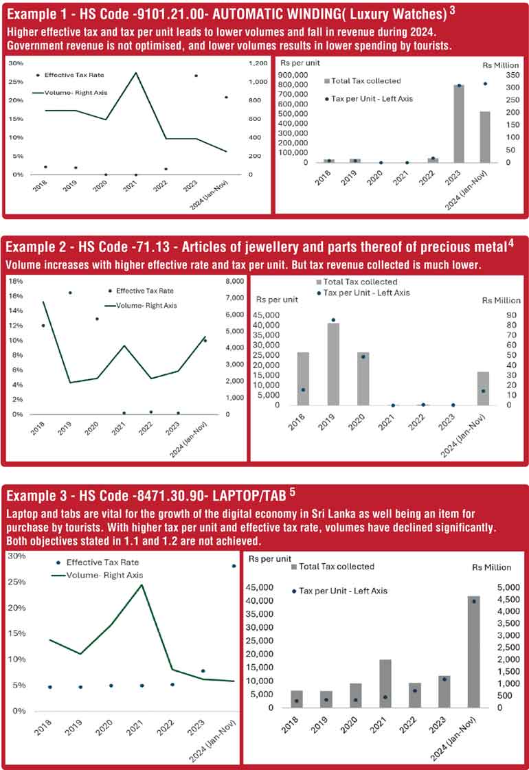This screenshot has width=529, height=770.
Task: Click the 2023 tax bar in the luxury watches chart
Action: (x=458, y=124)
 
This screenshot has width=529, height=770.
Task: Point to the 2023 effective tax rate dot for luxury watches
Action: (x=196, y=76)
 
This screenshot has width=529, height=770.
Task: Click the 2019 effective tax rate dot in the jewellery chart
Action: (x=70, y=293)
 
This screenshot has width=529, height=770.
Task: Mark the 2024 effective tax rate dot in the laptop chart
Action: (x=234, y=566)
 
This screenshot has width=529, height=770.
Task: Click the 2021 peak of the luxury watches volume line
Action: (x=136, y=73)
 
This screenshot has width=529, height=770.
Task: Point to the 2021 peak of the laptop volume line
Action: (x=142, y=585)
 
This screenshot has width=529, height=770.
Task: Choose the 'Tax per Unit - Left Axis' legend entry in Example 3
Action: (x=339, y=591)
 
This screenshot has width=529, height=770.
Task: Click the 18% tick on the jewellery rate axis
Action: (x=15, y=281)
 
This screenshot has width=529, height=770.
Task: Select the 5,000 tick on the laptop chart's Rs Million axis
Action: (x=504, y=588)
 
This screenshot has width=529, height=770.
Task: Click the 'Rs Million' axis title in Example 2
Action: (x=502, y=300)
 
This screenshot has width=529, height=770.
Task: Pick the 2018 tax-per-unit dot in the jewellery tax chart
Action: (x=303, y=389)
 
